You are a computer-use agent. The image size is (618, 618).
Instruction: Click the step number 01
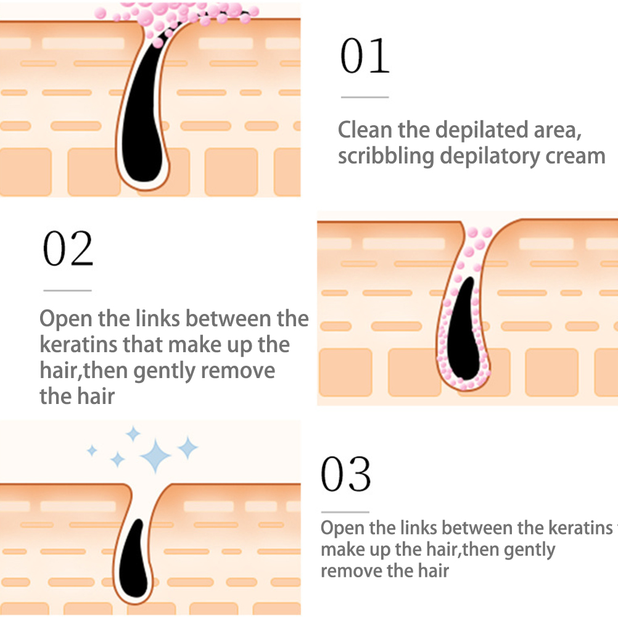pyautogui.click(x=365, y=56)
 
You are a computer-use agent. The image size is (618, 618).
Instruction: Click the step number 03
pyautogui.click(x=346, y=474)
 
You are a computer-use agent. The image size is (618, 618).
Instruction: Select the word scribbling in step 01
pyautogui.click(x=386, y=156)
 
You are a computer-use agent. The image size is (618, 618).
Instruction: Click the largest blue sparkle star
pyautogui.click(x=155, y=456)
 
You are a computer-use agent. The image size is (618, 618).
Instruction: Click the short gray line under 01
pyautogui.click(x=365, y=97)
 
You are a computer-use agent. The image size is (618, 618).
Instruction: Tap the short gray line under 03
pyautogui.click(x=345, y=512)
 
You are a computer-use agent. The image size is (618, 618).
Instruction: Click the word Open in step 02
pyautogui.click(x=65, y=319)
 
